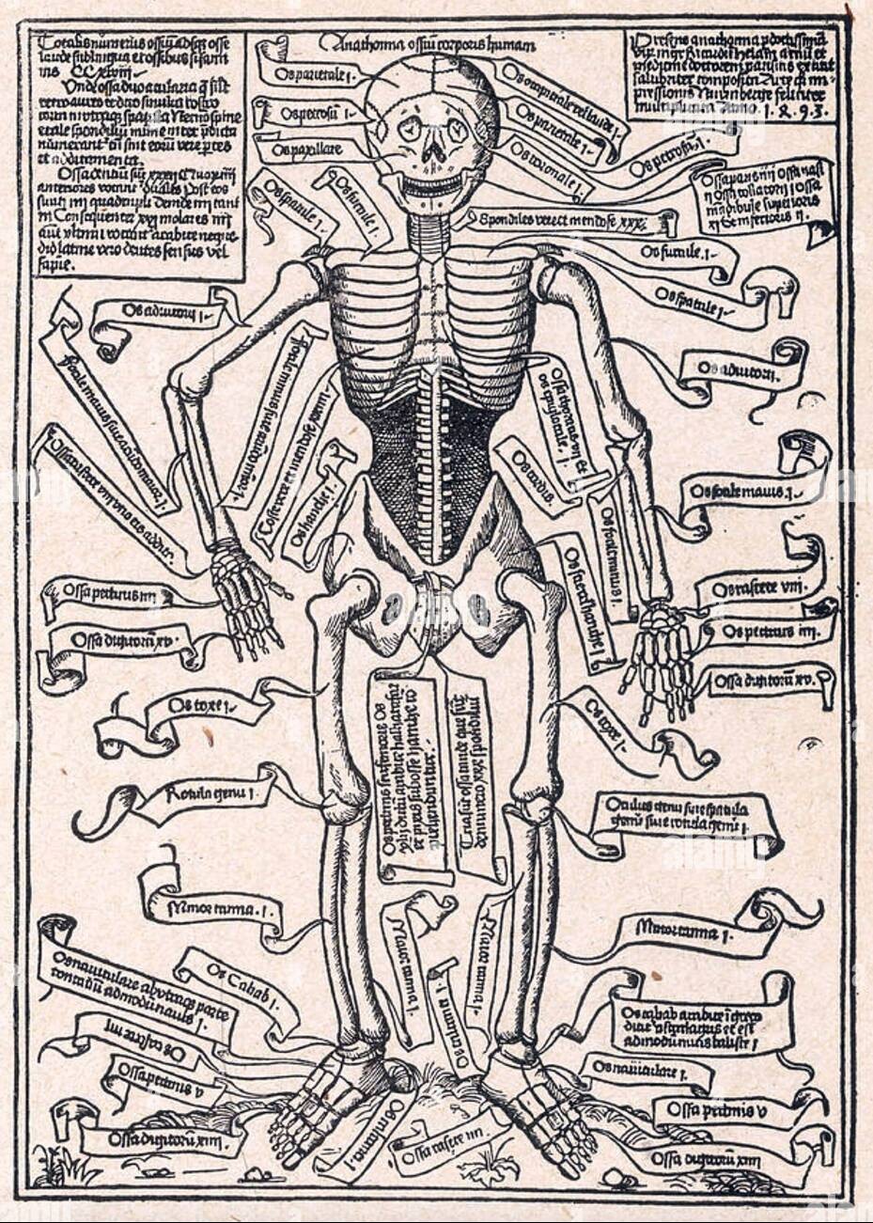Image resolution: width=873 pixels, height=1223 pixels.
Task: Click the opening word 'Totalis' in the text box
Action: (x=55, y=43)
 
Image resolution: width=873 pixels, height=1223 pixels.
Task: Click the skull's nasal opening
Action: (x=431, y=150)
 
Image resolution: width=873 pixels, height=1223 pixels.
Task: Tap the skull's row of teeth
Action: (x=432, y=180)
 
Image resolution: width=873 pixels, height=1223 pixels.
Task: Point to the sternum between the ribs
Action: (x=431, y=310)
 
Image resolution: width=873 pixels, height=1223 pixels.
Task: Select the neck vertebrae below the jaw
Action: (x=429, y=235)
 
